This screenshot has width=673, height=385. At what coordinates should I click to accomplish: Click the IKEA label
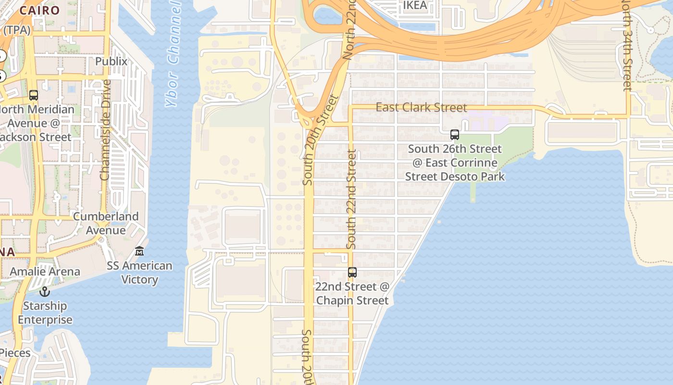pyautogui.click(x=415, y=5)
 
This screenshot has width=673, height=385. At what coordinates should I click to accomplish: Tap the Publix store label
pyautogui.click(x=112, y=62)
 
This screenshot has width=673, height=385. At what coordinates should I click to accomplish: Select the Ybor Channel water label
pyautogui.click(x=174, y=53)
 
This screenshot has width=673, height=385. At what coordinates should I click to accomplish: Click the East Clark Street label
pyautogui.click(x=421, y=107)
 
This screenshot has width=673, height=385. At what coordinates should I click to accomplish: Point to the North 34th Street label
pyautogui.click(x=626, y=46)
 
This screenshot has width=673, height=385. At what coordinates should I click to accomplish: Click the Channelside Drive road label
pyautogui.click(x=105, y=130)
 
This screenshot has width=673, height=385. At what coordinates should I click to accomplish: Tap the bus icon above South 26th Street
pyautogui.click(x=455, y=135)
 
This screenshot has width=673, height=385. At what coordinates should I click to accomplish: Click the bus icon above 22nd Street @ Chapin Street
pyautogui.click(x=352, y=272)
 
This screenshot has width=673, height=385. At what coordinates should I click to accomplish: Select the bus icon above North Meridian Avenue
pyautogui.click(x=34, y=95)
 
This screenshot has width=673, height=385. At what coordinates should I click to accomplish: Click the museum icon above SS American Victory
pyautogui.click(x=139, y=251)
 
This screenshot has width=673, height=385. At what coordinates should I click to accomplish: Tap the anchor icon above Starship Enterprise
pyautogui.click(x=45, y=292)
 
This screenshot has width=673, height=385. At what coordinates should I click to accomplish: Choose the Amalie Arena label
pyautogui.click(x=45, y=271)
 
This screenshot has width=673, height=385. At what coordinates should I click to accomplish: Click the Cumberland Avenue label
pyautogui.click(x=106, y=223)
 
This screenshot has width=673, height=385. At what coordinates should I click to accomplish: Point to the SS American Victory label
pyautogui.click(x=139, y=272)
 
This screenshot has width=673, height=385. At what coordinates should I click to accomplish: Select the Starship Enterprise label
pyautogui.click(x=45, y=313)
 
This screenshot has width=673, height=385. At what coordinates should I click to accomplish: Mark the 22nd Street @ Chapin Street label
pyautogui.click(x=352, y=294)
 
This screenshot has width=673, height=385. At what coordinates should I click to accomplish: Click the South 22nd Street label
pyautogui.click(x=352, y=199)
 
